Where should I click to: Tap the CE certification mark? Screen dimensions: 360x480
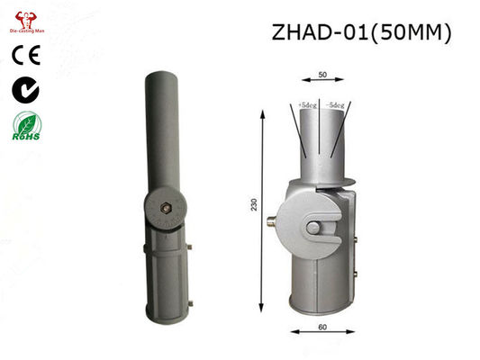pyautogui.click(x=24, y=55)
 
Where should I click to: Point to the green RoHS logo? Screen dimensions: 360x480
pyautogui.click(x=24, y=127)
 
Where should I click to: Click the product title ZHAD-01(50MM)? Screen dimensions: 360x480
pyautogui.click(x=359, y=33)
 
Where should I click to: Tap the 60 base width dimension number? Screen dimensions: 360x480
pyautogui.click(x=322, y=327)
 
